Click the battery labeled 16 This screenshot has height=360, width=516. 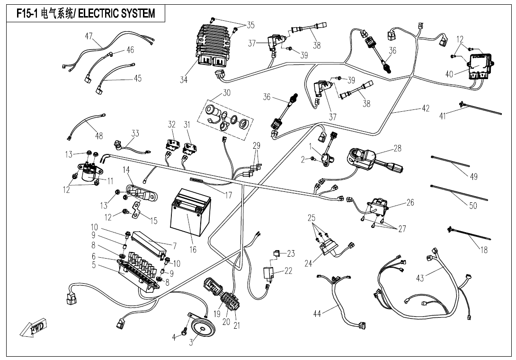[188, 215]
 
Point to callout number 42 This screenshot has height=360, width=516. [425, 108]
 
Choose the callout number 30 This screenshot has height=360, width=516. [227, 93]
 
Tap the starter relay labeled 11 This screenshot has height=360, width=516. [88, 173]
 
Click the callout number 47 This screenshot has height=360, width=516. [89, 36]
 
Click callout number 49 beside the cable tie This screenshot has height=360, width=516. [473, 177]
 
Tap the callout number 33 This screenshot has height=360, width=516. [135, 134]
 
